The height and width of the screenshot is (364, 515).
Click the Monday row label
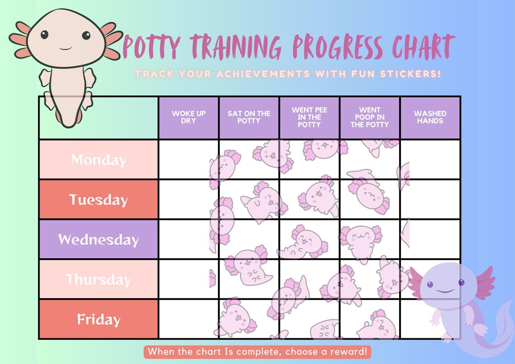[x=98, y=160]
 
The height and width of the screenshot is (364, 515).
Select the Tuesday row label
[x=98, y=200]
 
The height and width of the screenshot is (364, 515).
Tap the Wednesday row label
[x=98, y=239]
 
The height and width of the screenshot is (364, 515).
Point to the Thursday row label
[x=98, y=279]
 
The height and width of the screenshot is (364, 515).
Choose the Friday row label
[x=98, y=319]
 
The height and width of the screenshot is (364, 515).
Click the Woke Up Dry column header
[x=189, y=117]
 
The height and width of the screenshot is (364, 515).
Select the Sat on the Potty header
[x=249, y=117]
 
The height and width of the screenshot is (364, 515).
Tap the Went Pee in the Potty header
[x=309, y=117]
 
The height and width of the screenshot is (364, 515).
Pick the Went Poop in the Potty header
[x=370, y=117]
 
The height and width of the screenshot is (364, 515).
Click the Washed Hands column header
[x=430, y=117]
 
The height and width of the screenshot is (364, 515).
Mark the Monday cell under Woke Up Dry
[x=189, y=160]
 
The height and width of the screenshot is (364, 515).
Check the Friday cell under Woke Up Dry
[x=189, y=319]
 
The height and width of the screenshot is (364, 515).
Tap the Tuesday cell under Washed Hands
[x=430, y=200]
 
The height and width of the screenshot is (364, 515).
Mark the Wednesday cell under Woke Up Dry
[x=189, y=239]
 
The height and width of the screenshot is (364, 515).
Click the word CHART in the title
[x=422, y=48]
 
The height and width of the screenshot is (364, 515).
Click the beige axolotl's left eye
[x=44, y=34]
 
